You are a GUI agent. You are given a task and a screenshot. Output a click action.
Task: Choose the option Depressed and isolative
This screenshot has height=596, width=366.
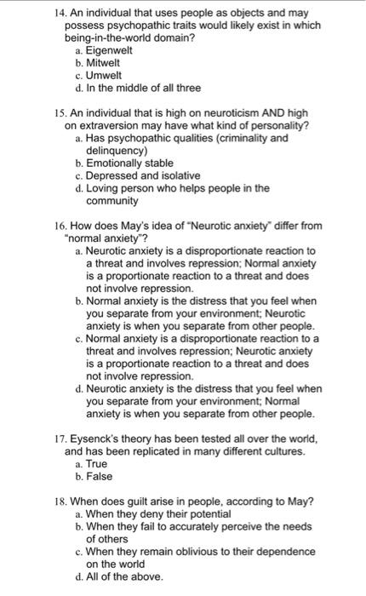[x=141, y=175]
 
